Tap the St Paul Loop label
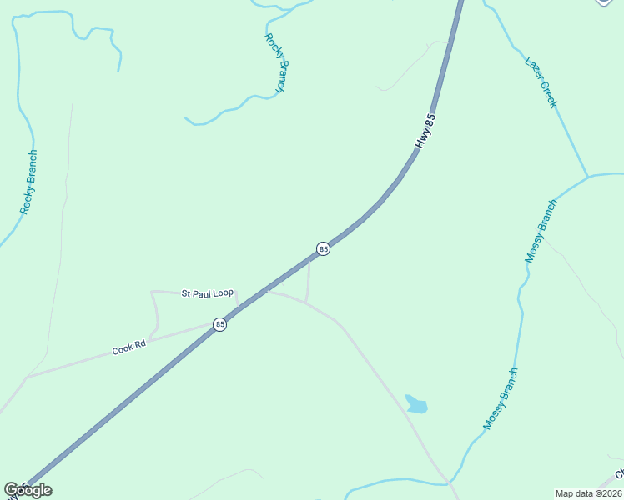coord(208,293)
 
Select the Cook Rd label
coord(129,347)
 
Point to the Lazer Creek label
coord(541,82)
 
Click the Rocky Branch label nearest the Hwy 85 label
coord(276,62)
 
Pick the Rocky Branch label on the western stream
coord(29,182)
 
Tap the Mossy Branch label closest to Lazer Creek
coord(541,232)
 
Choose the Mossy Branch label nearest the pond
coord(501,399)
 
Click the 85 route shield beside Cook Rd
coord(219,324)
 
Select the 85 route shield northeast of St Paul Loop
coord(323,248)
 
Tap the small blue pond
coord(415,405)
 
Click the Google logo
coord(28,490)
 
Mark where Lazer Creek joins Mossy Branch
coord(588,177)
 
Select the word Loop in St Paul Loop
coord(224,293)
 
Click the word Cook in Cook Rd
coord(123,350)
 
